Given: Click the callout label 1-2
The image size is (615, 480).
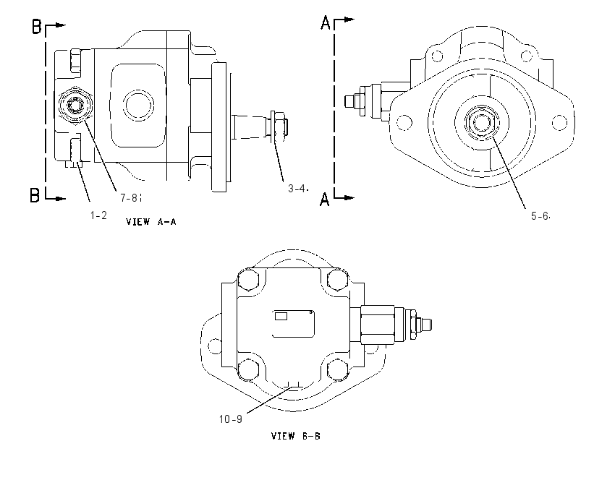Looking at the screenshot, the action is [98, 215].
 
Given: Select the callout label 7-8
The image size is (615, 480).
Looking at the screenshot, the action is [129, 198].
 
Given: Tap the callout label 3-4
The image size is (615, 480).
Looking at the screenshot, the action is [297, 189].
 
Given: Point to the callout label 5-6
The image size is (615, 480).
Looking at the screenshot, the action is [540, 216].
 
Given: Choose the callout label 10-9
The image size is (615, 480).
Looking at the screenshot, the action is [230, 419].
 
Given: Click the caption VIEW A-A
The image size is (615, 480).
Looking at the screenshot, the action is [151, 222].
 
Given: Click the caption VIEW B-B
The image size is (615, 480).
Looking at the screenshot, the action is [296, 436].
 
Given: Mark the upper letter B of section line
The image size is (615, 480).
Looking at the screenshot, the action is [36, 27].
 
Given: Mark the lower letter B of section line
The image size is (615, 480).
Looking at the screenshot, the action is [35, 195].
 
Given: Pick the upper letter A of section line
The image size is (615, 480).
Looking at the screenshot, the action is [326, 22].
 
